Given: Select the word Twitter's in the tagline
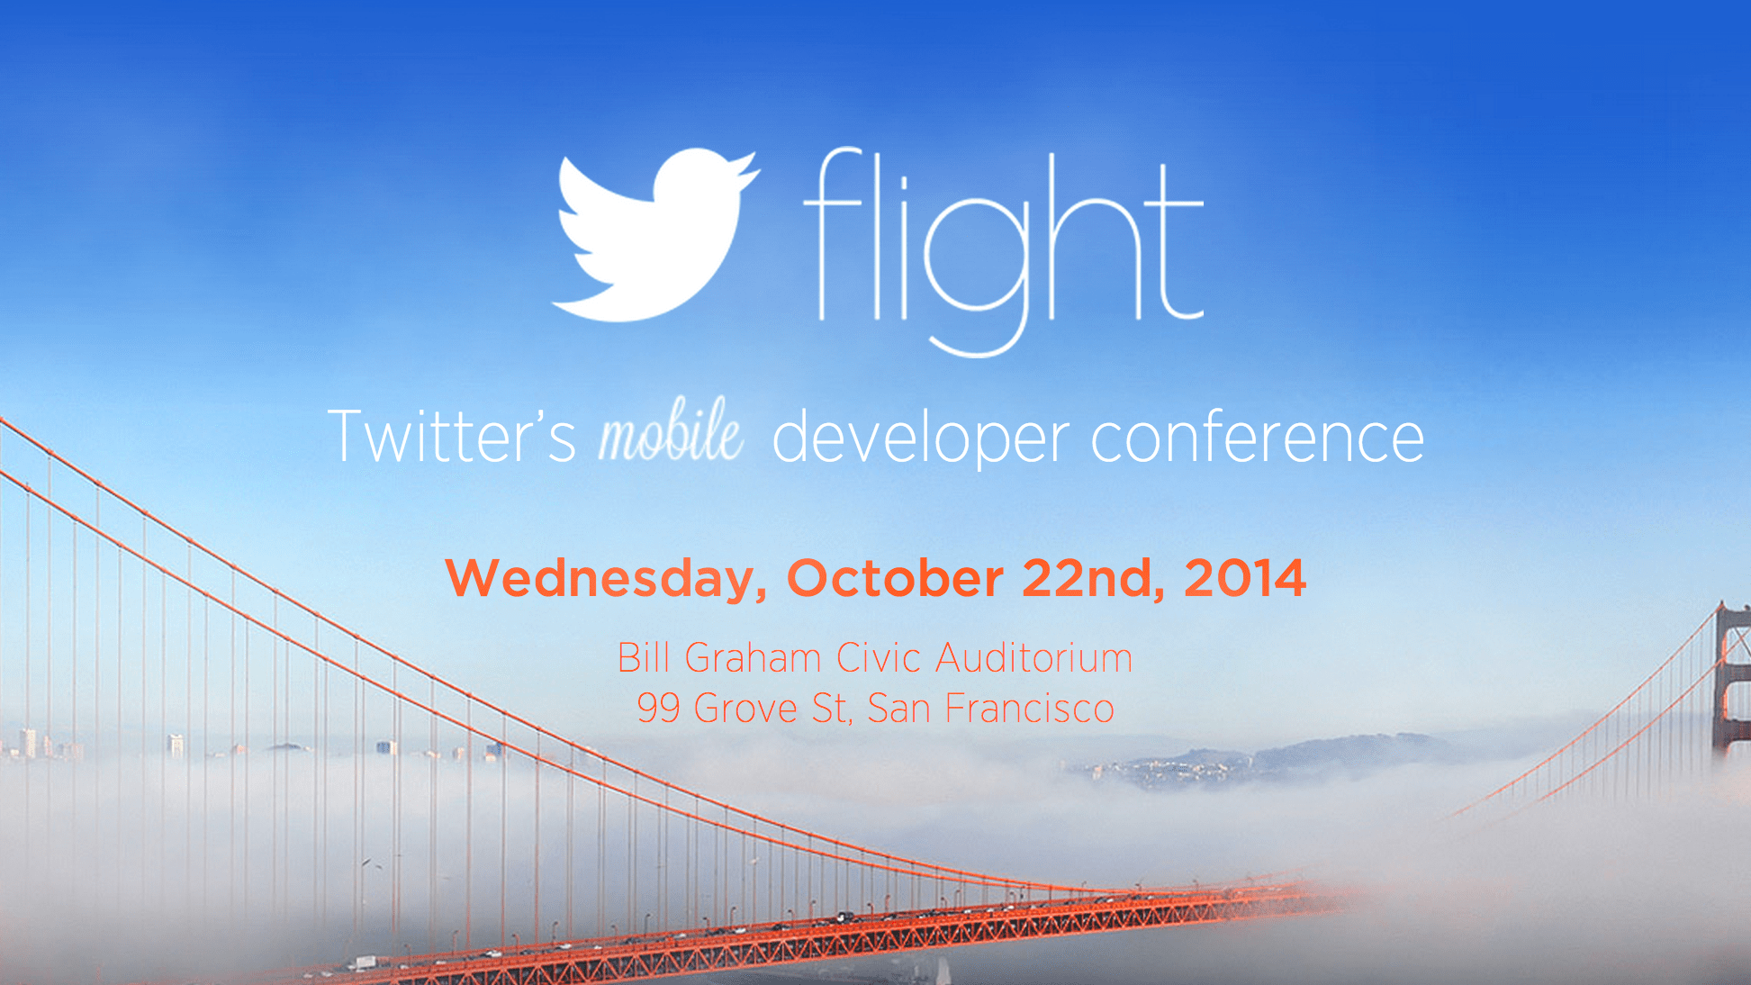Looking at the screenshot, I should [451, 437].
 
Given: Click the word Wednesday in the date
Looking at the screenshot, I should [605, 579].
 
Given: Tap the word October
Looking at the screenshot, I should [895, 578].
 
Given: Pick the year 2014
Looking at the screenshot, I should [1244, 578].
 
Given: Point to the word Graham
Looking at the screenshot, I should [753, 659].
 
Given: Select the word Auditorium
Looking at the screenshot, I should [1033, 658].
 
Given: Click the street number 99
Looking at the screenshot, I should [658, 709].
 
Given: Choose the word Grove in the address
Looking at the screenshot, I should [745, 709].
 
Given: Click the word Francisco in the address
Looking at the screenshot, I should [1029, 709].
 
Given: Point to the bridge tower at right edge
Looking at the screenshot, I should [1731, 684].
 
